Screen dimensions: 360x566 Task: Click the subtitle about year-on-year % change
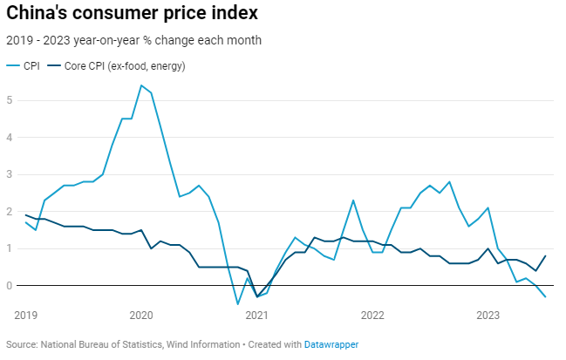pyautogui.click(x=133, y=40)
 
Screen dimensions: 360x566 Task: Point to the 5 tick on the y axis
pyautogui.click(x=10, y=100)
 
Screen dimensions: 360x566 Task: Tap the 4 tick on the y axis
pyautogui.click(x=10, y=138)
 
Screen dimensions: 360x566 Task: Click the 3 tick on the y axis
pyautogui.click(x=10, y=174)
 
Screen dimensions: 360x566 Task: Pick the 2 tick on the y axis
pyautogui.click(x=10, y=212)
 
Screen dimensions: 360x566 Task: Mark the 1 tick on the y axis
pyautogui.click(x=10, y=248)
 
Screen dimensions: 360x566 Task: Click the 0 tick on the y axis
pyautogui.click(x=10, y=286)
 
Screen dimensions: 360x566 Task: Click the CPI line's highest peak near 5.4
pyautogui.click(x=141, y=85)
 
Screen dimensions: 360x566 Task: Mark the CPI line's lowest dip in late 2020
pyautogui.click(x=237, y=304)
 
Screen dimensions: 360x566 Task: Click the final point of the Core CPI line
pyautogui.click(x=545, y=256)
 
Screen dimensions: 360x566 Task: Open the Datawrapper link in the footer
pyautogui.click(x=331, y=345)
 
